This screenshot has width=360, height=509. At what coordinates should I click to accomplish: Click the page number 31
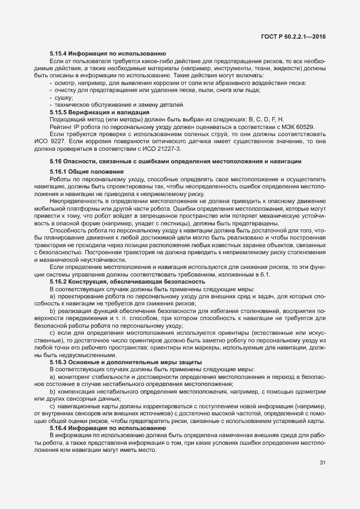pyautogui.click(x=322, y=463)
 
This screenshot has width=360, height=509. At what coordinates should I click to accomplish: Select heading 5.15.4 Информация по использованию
pyautogui.click(x=107, y=53)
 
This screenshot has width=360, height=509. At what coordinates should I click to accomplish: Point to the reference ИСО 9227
pyautogui.click(x=51, y=141)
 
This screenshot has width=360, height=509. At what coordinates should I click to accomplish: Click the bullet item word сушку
pyautogui.click(x=63, y=97)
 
